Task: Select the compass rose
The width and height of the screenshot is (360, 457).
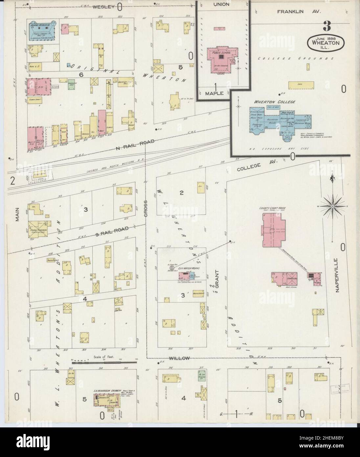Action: pyautogui.click(x=333, y=206)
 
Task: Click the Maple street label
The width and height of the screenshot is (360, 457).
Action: pyautogui.click(x=214, y=93)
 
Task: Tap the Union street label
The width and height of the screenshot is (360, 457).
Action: pyautogui.click(x=221, y=5)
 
